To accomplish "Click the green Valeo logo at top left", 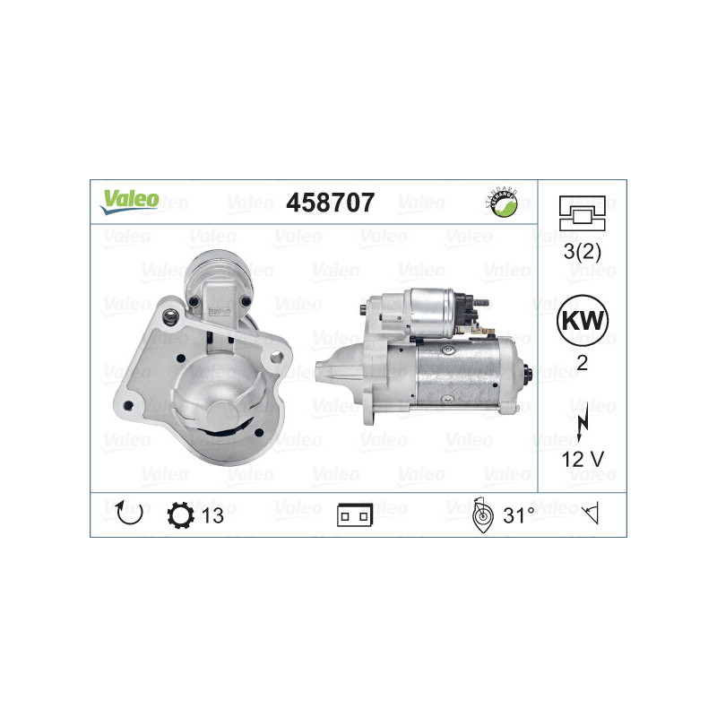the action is [129, 202].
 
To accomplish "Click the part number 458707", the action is [330, 203].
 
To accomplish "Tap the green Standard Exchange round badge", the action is [502, 203].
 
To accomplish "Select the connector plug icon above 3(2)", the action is [582, 213].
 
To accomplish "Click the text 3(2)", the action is [582, 252].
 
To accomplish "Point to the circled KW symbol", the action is [582, 321].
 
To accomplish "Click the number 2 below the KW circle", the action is [582, 363].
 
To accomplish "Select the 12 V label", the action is [582, 459].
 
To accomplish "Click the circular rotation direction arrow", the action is [130, 513].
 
